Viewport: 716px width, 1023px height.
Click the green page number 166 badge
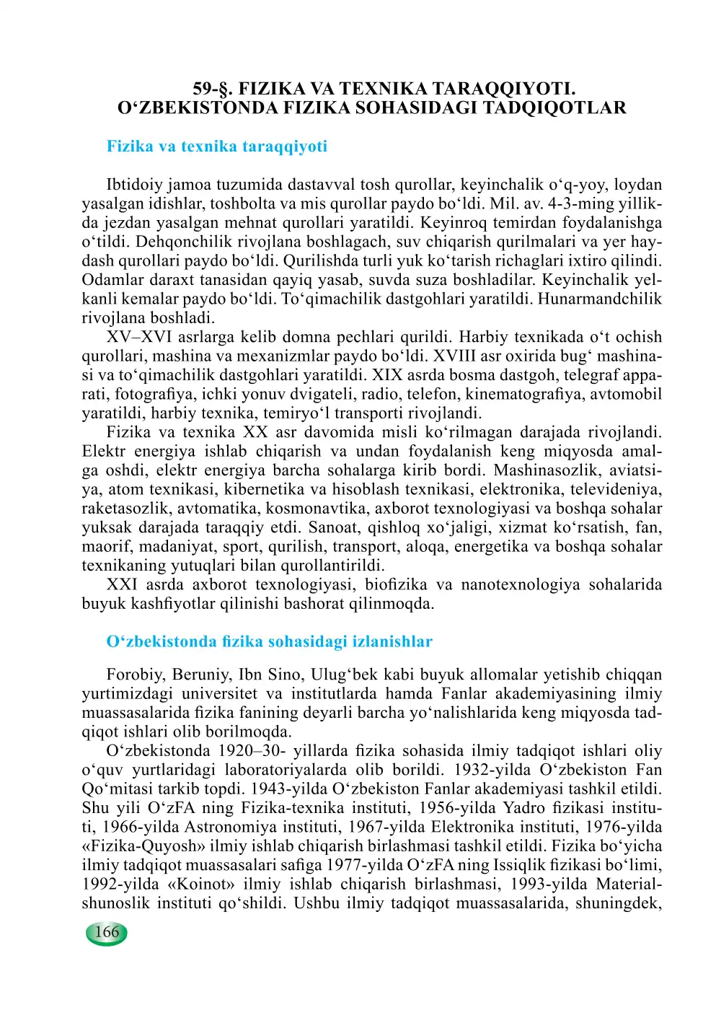(x=107, y=932)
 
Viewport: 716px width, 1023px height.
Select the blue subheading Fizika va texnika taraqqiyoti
(x=216, y=146)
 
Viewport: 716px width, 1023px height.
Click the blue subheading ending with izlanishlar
(x=269, y=641)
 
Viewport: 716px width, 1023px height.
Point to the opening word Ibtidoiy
(x=134, y=185)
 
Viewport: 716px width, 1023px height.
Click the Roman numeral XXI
(x=122, y=584)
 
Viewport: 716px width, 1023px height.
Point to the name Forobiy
(x=136, y=675)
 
